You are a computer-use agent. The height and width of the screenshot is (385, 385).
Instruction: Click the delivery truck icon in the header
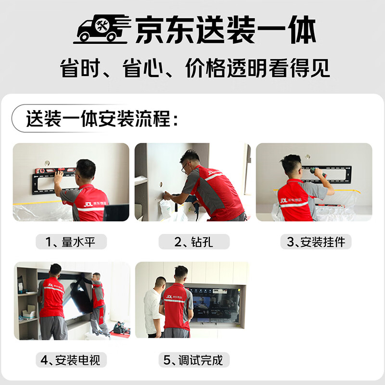102,29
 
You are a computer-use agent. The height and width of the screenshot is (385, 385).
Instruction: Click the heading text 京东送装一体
225,29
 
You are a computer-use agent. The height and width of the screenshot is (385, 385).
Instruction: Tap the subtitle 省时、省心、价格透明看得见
195,68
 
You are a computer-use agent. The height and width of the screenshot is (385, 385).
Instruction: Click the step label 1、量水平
71,242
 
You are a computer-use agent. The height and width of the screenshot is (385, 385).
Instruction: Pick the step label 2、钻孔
193,242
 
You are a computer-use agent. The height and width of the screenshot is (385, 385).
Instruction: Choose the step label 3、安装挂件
316,242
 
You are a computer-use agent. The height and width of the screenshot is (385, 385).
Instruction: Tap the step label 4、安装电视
71,360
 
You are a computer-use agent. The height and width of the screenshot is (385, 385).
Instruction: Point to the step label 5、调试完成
193,360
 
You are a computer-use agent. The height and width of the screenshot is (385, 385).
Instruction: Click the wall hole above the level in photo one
47,163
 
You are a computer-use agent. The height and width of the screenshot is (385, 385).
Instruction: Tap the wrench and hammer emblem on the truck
102,26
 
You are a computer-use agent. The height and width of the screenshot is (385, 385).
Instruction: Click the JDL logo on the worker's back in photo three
283,201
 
